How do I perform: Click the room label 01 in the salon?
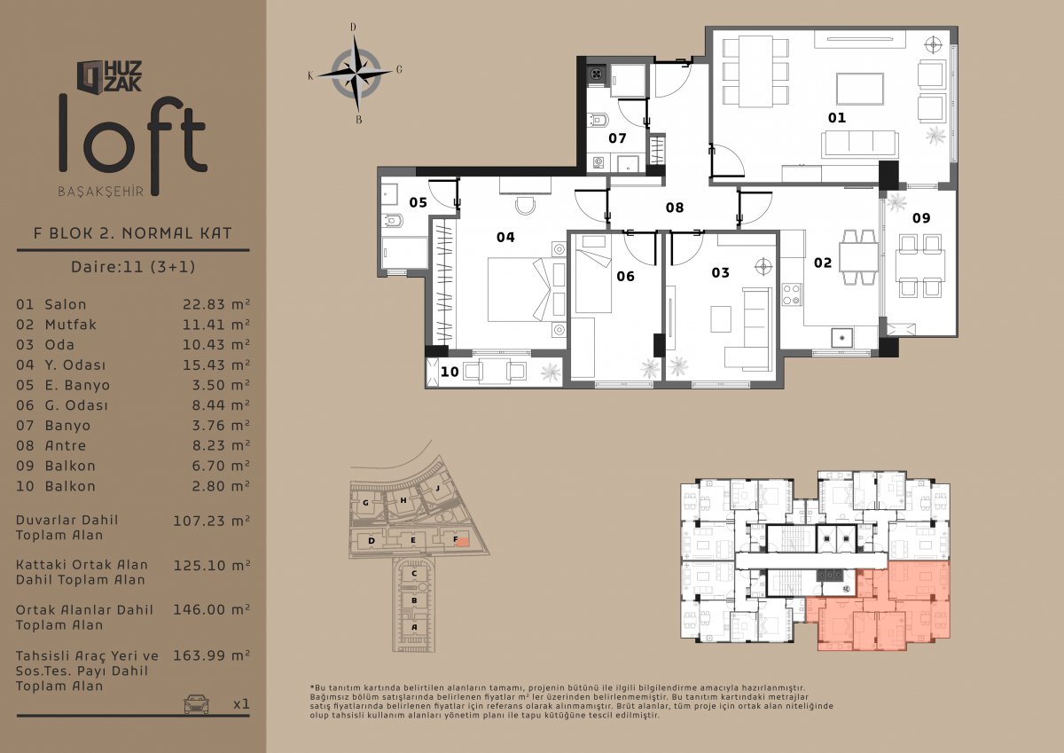click(x=836, y=117)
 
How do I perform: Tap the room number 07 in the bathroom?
click(x=617, y=138)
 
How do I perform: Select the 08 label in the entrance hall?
click(x=675, y=208)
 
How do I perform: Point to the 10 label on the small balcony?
click(x=450, y=372)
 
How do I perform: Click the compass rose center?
click(x=356, y=73)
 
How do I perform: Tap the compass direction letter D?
click(x=353, y=27)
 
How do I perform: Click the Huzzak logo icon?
click(x=90, y=76)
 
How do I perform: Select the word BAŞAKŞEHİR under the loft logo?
click(x=101, y=192)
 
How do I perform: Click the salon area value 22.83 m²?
click(x=216, y=304)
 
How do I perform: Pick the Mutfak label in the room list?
click(x=70, y=325)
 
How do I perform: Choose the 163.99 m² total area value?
click(x=211, y=655)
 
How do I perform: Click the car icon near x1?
click(x=196, y=703)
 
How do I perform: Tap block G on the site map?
click(x=365, y=502)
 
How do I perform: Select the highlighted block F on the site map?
click(x=459, y=540)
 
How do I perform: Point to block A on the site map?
click(x=414, y=627)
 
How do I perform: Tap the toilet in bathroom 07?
click(x=597, y=121)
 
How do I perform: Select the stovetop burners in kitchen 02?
click(x=792, y=294)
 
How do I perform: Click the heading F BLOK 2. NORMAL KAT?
click(x=132, y=232)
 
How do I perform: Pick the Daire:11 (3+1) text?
click(x=133, y=266)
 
